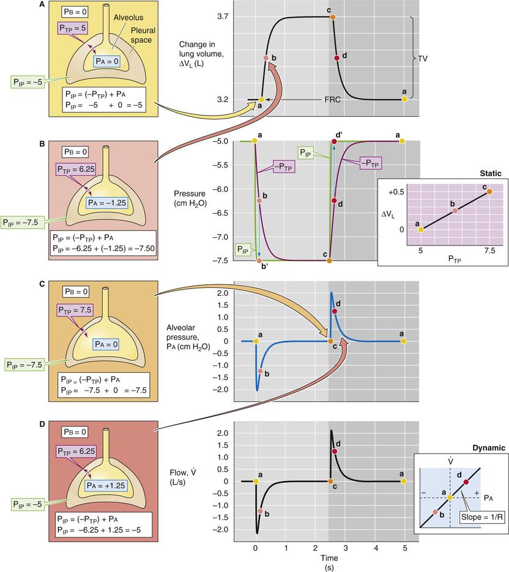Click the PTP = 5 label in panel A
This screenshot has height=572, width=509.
pos(73,28)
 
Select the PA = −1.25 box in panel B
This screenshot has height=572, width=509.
pos(107,203)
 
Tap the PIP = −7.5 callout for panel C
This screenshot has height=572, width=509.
pos(24,364)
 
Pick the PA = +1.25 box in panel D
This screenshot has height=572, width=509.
pos(105,486)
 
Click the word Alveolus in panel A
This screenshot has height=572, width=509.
pos(128,18)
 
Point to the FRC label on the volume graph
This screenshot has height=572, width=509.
pos(332,100)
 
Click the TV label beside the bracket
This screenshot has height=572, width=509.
pos(423,59)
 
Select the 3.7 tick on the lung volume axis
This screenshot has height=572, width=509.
pos(222,16)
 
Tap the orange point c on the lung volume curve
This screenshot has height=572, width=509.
pos(333,16)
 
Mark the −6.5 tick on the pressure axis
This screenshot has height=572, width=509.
pos(220,213)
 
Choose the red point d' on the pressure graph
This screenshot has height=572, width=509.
pos(334,142)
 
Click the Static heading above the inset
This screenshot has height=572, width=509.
pos(491,174)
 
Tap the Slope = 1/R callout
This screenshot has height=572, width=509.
pos(482,516)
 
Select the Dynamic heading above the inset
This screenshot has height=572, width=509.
pos(489,448)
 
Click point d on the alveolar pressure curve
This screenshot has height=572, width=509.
pos(335,311)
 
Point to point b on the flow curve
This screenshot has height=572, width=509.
pos(260,511)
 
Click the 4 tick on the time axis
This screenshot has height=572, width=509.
pos(376,548)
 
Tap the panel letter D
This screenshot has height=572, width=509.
pos(42,424)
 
